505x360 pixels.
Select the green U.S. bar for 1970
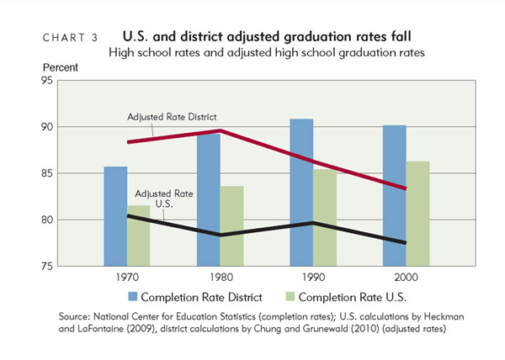(x=139, y=236)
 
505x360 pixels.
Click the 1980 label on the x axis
(x=221, y=278)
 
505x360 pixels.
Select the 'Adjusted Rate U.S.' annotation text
(x=158, y=199)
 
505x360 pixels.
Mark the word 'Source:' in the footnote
(x=78, y=315)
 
